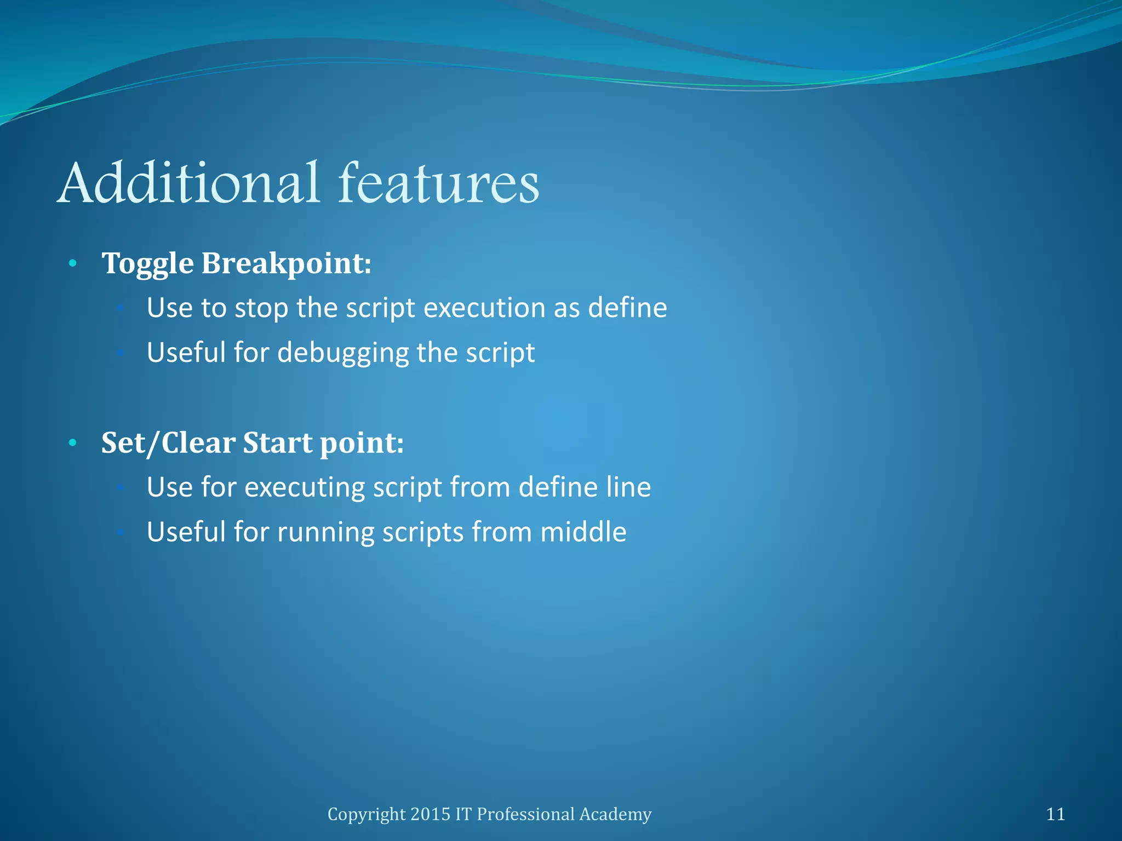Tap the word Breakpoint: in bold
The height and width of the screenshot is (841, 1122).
[287, 264]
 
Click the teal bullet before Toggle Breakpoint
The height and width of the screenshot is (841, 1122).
[72, 264]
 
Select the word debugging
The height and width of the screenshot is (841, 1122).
[344, 353]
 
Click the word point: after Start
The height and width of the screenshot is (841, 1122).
[362, 443]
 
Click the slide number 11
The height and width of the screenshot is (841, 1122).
[1055, 814]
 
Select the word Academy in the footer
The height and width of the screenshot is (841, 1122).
[615, 815]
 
